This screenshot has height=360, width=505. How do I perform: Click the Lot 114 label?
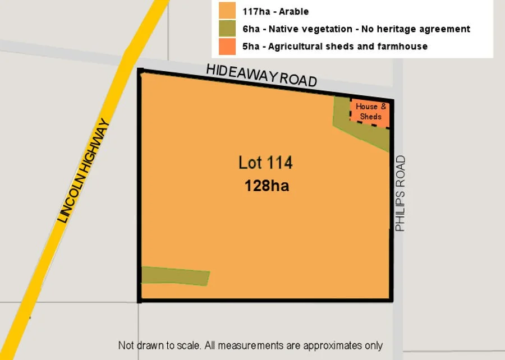point(265,163)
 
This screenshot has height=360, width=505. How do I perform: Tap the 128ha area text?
point(267,186)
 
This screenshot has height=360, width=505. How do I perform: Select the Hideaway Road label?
point(261,75)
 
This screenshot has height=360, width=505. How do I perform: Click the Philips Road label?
point(400,194)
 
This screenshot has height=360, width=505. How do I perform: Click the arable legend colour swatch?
point(227,11)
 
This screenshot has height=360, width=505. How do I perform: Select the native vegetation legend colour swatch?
point(227,29)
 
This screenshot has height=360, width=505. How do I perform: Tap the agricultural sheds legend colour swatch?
point(227,46)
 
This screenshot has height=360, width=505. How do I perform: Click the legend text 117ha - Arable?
point(276,11)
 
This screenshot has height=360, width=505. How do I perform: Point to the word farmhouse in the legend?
point(403,47)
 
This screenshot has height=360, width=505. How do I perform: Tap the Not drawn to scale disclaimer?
point(250,345)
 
